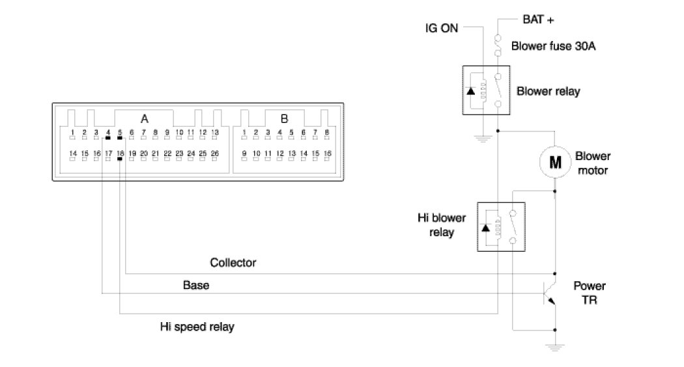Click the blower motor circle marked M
point(555,162)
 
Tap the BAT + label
point(538,20)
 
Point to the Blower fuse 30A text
point(553,46)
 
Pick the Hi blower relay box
point(503,226)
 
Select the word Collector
point(233,263)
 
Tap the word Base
point(195,285)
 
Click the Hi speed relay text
point(197,327)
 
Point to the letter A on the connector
point(145,119)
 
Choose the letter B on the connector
point(284,119)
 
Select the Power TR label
point(589,293)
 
